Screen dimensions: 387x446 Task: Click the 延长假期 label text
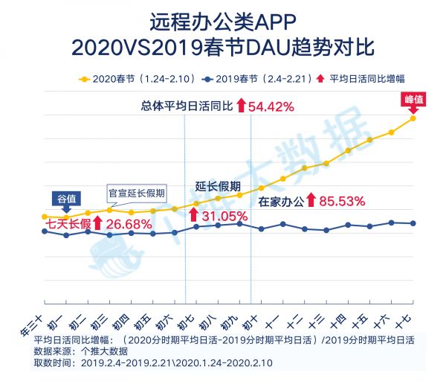point(218,185)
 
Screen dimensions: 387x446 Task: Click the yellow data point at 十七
point(413,118)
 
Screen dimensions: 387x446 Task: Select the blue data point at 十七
point(413,223)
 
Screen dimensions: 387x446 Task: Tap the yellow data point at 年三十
point(45,217)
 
